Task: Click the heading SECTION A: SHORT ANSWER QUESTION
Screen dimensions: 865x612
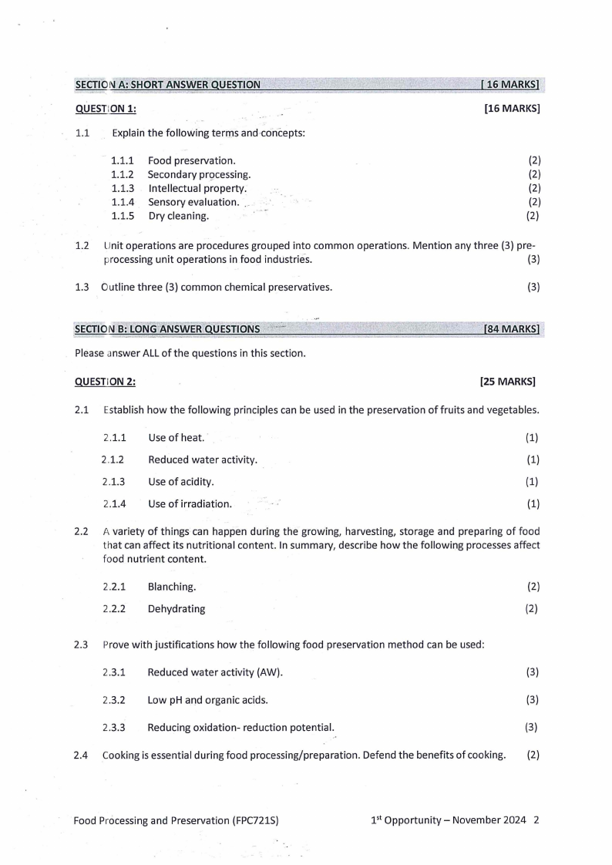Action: click(167, 85)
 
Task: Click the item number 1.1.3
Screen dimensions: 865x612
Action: click(123, 188)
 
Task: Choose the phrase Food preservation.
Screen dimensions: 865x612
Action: click(192, 160)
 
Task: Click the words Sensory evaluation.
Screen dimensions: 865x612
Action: click(193, 202)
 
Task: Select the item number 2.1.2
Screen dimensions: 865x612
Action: click(113, 460)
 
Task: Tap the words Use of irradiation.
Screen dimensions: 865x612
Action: click(190, 504)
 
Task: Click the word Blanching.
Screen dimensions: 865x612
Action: click(172, 587)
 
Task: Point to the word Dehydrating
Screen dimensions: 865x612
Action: click(177, 609)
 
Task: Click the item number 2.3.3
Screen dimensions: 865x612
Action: click(114, 727)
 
